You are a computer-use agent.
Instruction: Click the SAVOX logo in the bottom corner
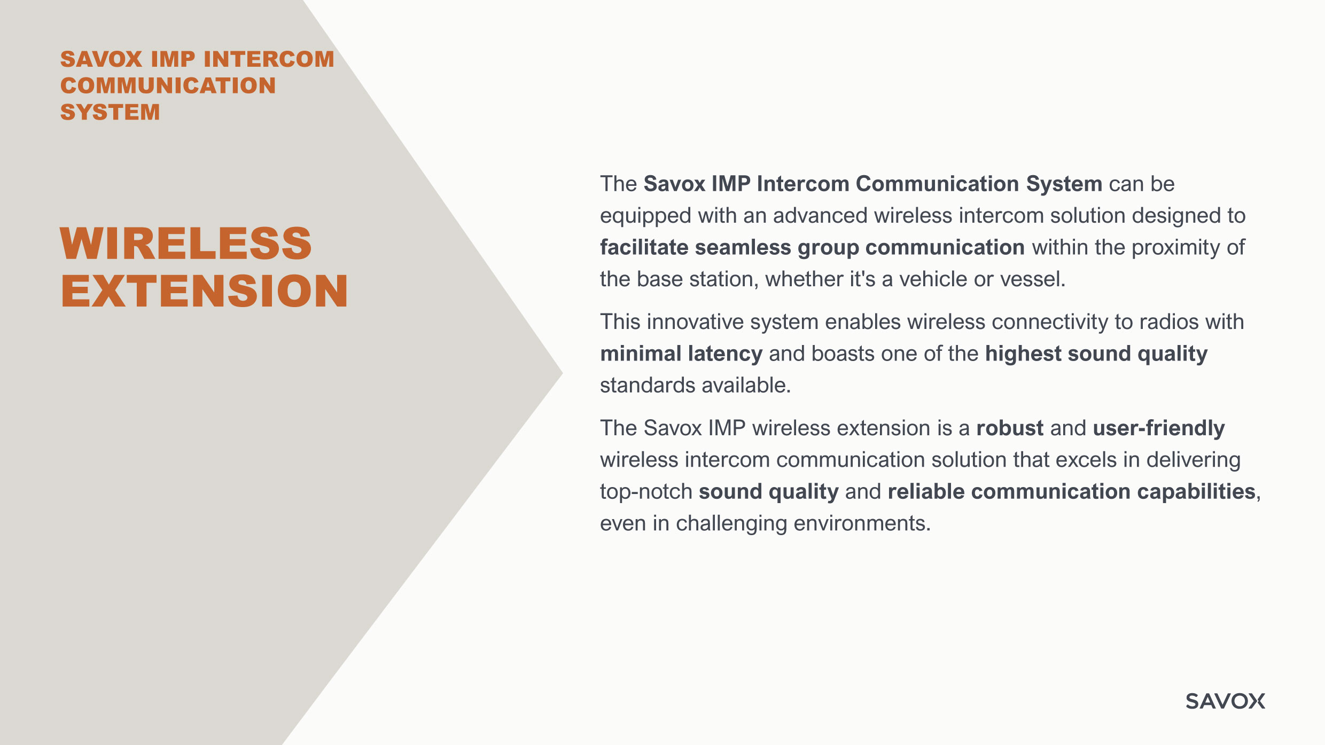click(x=1225, y=701)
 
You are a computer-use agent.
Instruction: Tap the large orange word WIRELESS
click(x=186, y=244)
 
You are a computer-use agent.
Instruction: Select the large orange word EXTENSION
click(x=205, y=291)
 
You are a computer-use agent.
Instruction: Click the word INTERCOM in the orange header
click(x=269, y=59)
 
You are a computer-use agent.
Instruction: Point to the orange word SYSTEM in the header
click(x=110, y=112)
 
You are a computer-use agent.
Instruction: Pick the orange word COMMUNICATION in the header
click(x=168, y=85)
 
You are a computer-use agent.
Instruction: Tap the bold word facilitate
click(x=644, y=247)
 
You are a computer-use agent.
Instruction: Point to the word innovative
click(x=695, y=322)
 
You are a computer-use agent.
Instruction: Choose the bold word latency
click(x=725, y=355)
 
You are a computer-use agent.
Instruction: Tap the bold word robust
click(x=1010, y=428)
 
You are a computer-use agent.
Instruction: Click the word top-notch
click(x=646, y=492)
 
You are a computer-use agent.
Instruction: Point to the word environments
click(x=862, y=524)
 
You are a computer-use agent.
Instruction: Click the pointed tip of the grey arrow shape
click(x=562, y=373)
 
